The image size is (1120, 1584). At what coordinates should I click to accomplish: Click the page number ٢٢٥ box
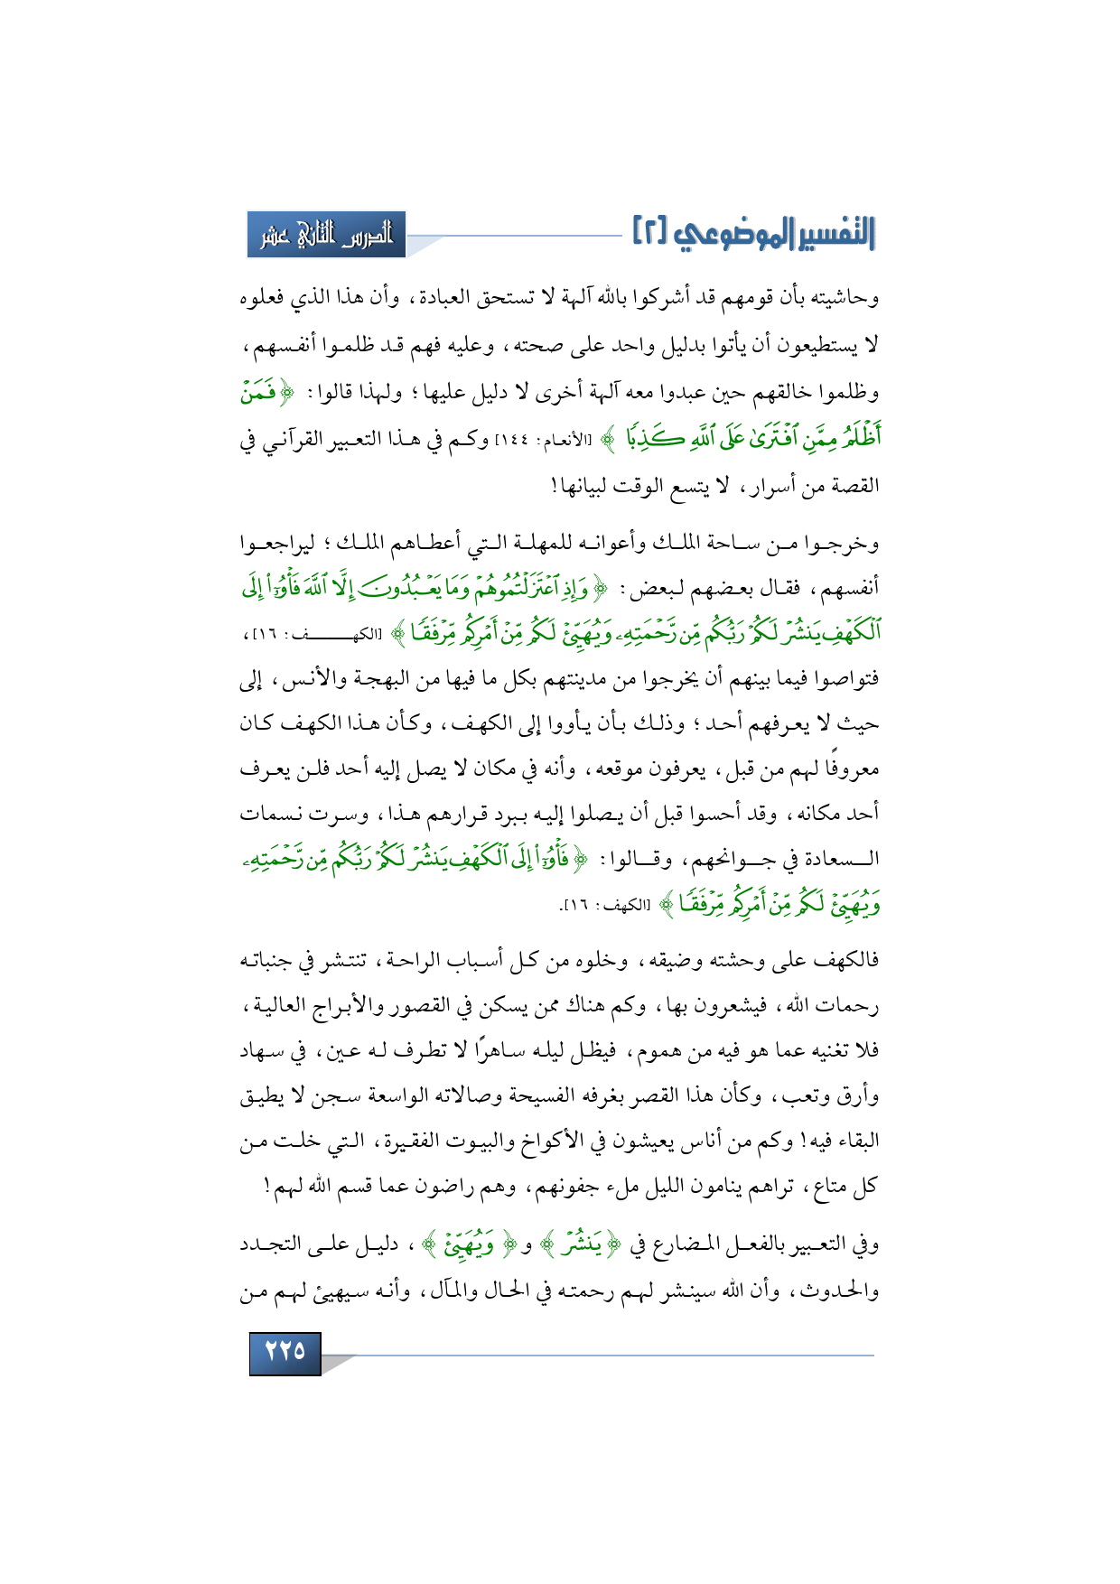coord(285,1352)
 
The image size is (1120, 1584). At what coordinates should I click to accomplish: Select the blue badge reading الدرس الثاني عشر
coord(326,235)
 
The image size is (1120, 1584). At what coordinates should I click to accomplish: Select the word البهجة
coord(388,679)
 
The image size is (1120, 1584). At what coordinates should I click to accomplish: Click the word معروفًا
coord(850,769)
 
